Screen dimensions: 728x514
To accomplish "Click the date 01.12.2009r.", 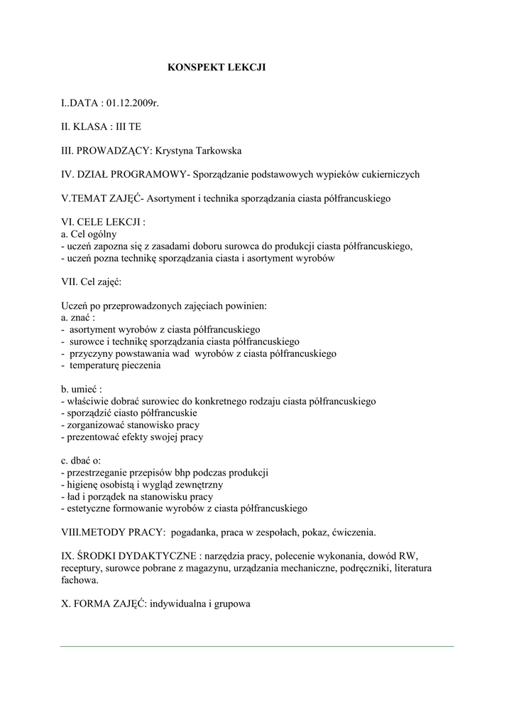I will click(x=133, y=104).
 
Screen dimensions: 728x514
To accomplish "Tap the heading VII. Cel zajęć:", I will click(x=92, y=282).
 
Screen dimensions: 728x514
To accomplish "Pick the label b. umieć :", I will click(x=82, y=390).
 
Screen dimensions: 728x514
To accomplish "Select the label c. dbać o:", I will click(x=81, y=461).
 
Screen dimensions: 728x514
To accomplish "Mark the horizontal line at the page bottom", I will click(x=257, y=646).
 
